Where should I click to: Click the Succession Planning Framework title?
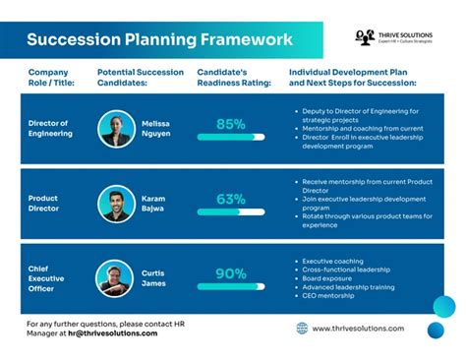pyautogui.click(x=159, y=40)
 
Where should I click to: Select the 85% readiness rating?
pyautogui.click(x=231, y=124)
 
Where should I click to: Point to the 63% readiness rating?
pyautogui.click(x=231, y=199)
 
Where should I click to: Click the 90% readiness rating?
pyautogui.click(x=231, y=273)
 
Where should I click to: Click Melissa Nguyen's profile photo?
pyautogui.click(x=117, y=128)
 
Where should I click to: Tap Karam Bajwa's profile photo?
pyautogui.click(x=117, y=204)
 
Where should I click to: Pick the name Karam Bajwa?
pyautogui.click(x=154, y=204)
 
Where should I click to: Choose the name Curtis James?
pyautogui.click(x=154, y=278)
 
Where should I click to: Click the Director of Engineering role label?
pyautogui.click(x=49, y=128)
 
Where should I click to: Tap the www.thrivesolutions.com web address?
pyautogui.click(x=359, y=329)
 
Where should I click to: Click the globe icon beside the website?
pyautogui.click(x=302, y=329)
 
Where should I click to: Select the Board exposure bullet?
pyautogui.click(x=328, y=278)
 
